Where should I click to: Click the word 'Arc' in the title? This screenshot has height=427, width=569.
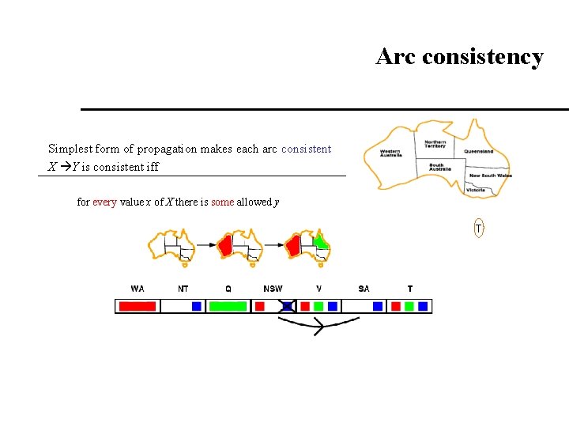point(395,57)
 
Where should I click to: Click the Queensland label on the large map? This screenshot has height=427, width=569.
point(478,151)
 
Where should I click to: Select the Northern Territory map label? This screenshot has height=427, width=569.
point(435,144)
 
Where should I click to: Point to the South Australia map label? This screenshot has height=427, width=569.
point(436,168)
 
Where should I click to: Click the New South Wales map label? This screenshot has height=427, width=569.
point(490,175)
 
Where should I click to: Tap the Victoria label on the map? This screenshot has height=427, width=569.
point(476,190)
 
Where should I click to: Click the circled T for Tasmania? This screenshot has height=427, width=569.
point(479,229)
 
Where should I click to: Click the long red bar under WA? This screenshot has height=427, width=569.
point(137,305)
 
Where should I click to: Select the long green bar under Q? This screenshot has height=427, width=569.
point(228,305)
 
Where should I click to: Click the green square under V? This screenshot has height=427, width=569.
point(318,305)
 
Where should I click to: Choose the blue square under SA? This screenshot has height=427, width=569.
point(378,305)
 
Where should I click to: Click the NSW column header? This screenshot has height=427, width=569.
point(273,289)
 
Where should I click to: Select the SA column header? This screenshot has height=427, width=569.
point(364,289)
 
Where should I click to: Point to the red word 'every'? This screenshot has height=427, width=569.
point(104,202)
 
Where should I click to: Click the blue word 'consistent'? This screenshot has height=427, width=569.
point(306,149)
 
